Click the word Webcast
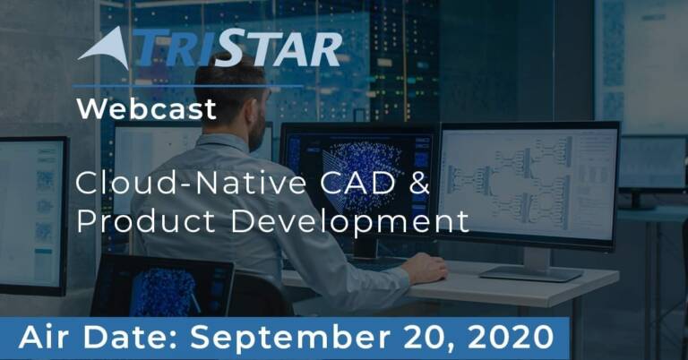[x=146, y=108]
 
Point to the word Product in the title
[x=146, y=220]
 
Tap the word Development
[x=349, y=222]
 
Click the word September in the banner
[x=289, y=339]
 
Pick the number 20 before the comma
[x=420, y=338]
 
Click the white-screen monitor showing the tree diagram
[x=529, y=184]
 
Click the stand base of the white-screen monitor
[x=532, y=275]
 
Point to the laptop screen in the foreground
[x=161, y=287]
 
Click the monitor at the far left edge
[x=33, y=216]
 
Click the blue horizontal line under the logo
[x=188, y=86]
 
